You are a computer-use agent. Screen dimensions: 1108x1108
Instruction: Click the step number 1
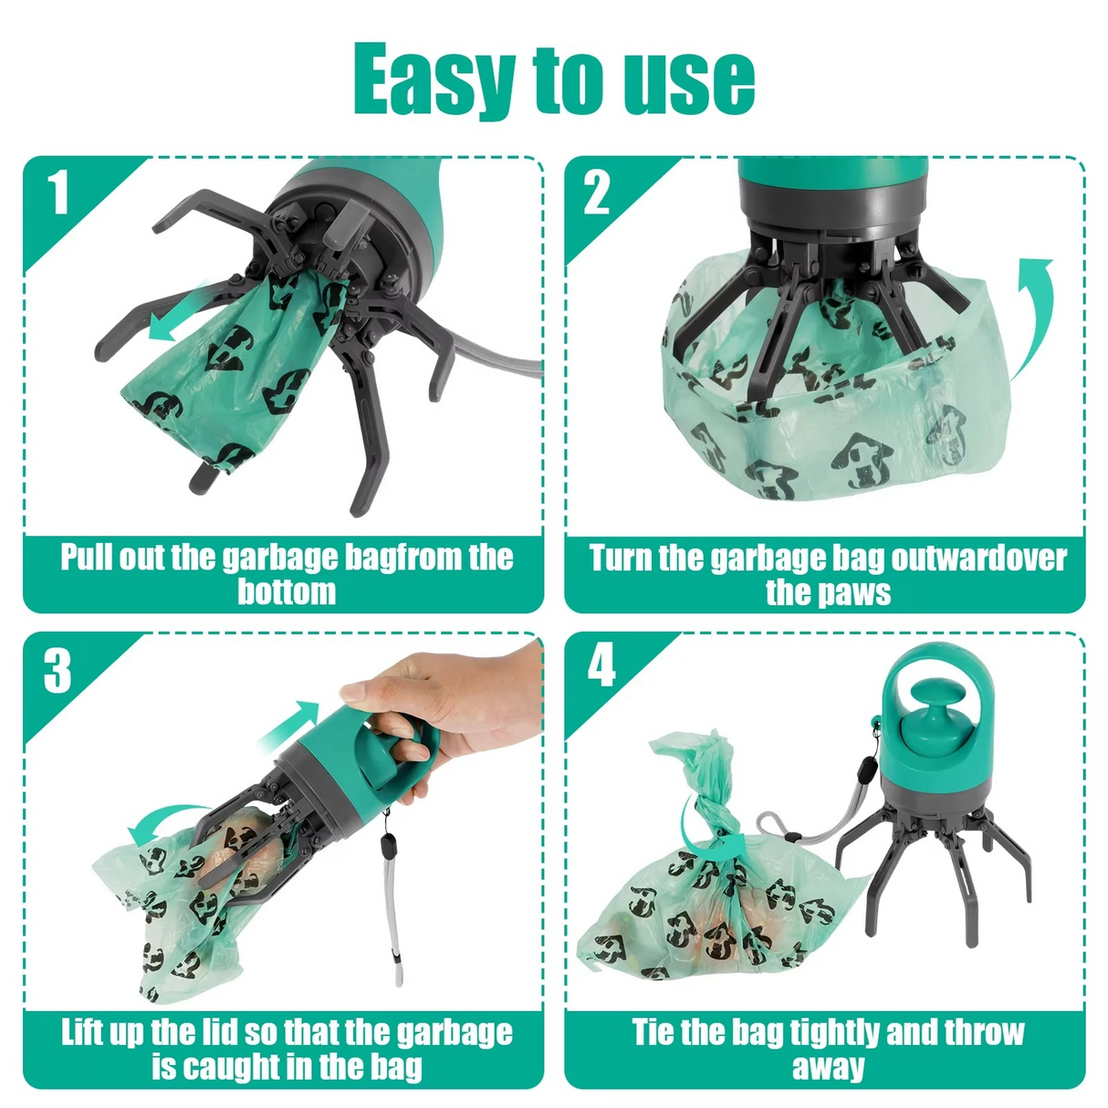(x=58, y=193)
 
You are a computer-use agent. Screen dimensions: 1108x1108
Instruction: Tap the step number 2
(x=597, y=193)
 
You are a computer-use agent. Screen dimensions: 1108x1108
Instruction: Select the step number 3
(x=57, y=671)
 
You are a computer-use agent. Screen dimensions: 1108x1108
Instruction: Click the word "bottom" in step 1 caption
(x=287, y=592)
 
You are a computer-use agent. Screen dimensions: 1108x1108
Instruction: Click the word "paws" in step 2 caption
(x=854, y=592)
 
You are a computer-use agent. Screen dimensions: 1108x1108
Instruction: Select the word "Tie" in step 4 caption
(x=653, y=1032)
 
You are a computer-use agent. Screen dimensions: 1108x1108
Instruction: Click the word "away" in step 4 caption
(x=827, y=1067)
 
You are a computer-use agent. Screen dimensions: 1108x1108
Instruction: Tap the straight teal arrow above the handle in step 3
(x=290, y=725)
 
